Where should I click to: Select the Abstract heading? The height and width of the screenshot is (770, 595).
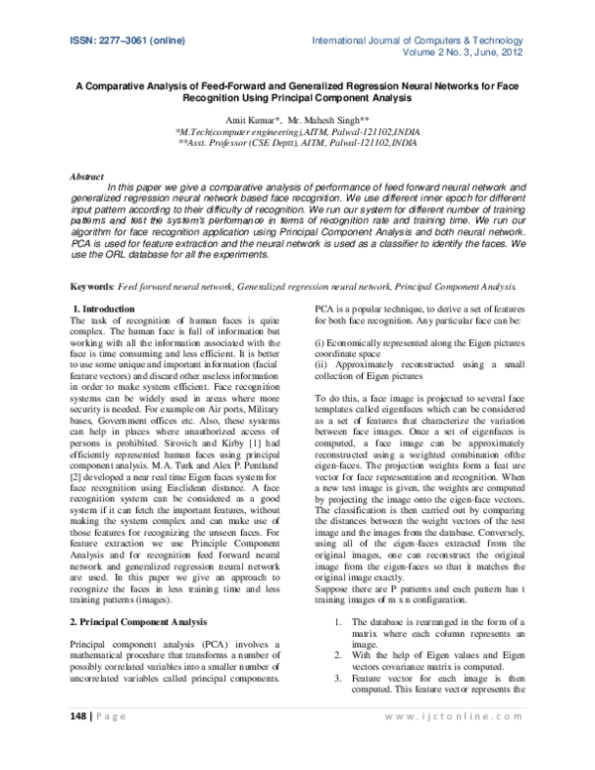86,176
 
